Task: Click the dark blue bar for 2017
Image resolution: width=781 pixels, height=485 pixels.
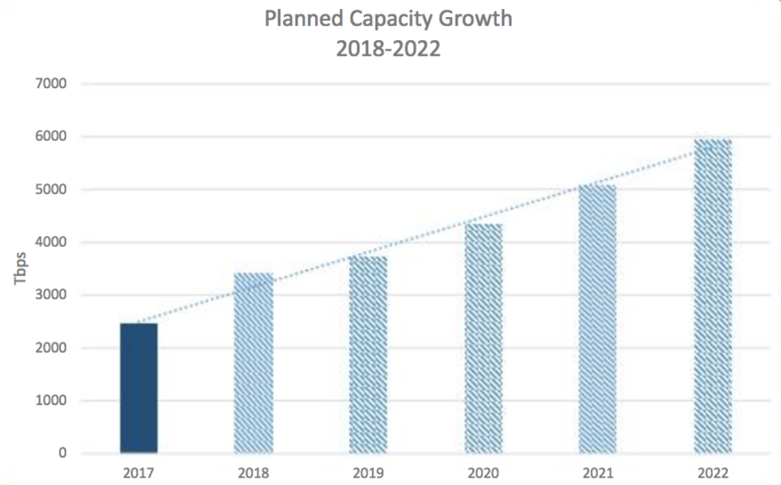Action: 139,388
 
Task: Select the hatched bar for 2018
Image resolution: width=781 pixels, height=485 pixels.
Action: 253,363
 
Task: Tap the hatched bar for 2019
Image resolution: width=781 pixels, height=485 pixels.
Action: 368,354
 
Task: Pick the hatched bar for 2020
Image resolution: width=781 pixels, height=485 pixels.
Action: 483,338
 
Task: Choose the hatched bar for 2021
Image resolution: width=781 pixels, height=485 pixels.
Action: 598,319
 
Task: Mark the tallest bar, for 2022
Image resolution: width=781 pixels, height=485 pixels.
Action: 713,296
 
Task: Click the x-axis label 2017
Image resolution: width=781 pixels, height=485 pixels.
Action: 139,473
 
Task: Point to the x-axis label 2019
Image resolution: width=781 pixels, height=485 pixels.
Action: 368,473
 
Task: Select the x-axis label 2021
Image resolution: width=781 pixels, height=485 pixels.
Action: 598,473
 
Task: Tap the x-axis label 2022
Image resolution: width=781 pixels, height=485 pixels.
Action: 713,473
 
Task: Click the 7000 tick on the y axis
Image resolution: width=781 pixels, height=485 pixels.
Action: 51,84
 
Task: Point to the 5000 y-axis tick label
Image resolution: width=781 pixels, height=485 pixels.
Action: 51,190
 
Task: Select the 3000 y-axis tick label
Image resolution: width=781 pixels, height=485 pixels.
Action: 51,295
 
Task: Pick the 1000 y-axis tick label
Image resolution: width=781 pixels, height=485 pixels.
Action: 51,400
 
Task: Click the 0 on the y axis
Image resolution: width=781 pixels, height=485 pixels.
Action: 62,453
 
